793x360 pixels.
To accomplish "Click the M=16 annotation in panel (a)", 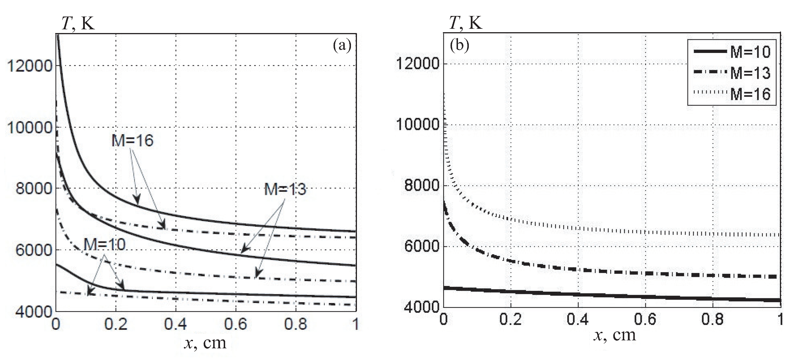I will click(132, 141).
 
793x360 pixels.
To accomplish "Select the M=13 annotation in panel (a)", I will click(285, 189).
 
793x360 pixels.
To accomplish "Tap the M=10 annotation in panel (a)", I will click(105, 245).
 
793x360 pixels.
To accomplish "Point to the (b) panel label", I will click(459, 46).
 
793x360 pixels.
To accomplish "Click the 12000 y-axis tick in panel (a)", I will click(30, 66).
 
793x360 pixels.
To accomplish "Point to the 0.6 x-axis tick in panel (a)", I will click(235, 324).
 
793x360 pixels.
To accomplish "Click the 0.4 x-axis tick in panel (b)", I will click(578, 320).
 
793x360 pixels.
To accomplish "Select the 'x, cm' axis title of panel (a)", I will click(205, 342).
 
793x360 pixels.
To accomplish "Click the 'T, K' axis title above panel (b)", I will click(465, 23).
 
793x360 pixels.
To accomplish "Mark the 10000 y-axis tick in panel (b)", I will click(417, 124).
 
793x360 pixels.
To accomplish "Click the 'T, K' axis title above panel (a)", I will click(78, 23).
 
